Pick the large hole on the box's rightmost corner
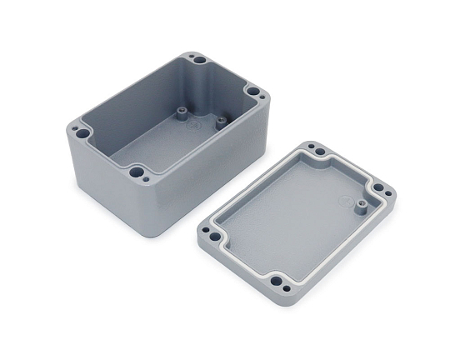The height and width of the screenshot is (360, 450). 252,91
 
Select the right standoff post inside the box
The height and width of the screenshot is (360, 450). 221,122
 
